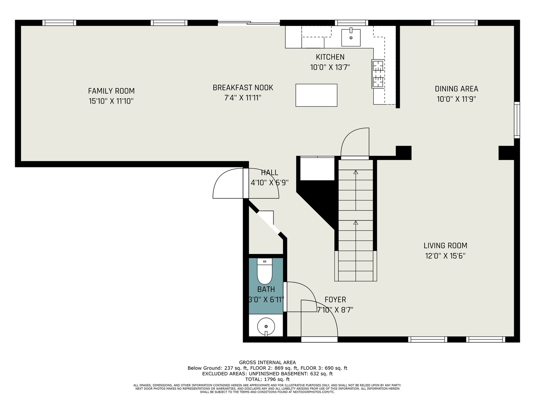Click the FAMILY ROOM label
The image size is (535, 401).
[111, 91]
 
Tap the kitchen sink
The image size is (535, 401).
[351, 38]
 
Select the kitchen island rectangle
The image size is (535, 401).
[316, 95]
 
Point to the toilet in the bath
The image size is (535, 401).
[265, 271]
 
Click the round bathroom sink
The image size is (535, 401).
[266, 326]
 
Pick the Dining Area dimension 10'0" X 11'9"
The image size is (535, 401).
[456, 99]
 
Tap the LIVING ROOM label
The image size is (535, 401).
[445, 245]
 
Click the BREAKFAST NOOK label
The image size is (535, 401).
[243, 88]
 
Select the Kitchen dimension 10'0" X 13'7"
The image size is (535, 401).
[330, 67]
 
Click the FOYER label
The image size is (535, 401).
[335, 300]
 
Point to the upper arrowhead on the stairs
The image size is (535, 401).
[356, 172]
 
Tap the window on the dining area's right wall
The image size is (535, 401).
[517, 120]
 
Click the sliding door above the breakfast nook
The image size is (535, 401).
[249, 23]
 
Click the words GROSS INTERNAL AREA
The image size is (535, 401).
[267, 362]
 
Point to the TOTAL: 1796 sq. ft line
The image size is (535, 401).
[267, 379]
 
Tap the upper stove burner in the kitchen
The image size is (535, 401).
[378, 66]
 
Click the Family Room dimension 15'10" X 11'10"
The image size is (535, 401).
[111, 101]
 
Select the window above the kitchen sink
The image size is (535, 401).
[351, 23]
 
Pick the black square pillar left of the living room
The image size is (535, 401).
[403, 153]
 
